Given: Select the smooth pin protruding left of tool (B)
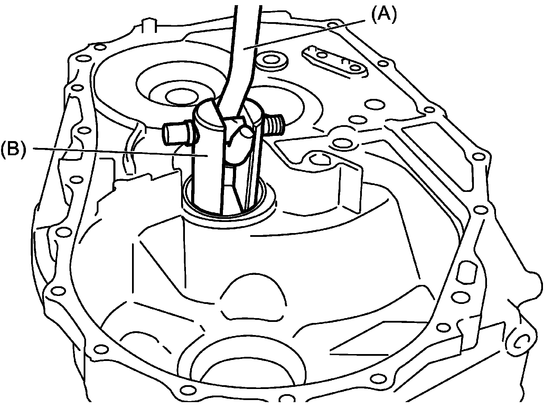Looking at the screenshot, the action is (x=175, y=132).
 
